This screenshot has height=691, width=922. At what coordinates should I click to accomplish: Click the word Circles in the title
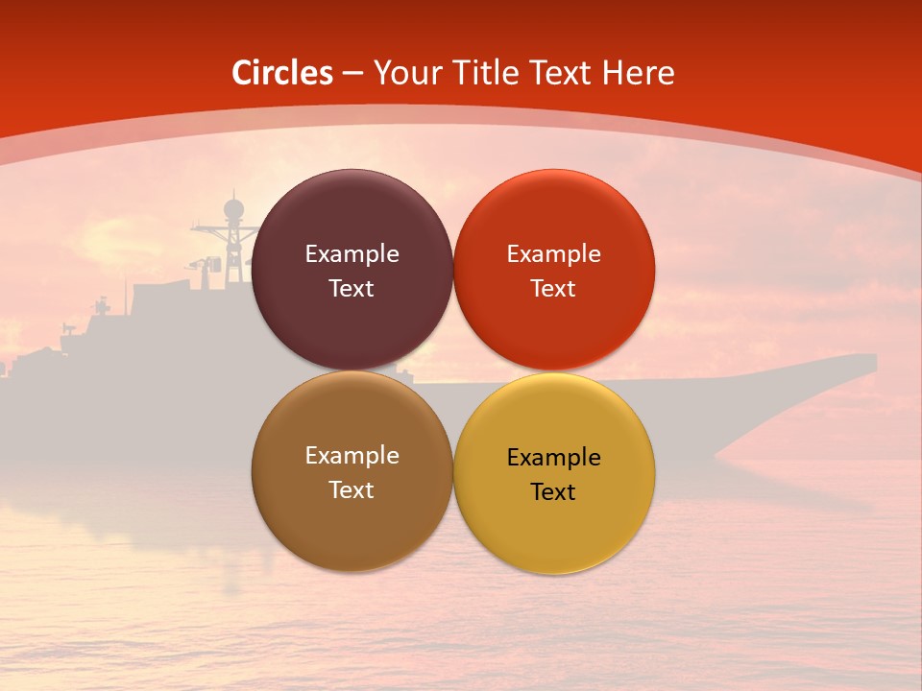pyautogui.click(x=282, y=73)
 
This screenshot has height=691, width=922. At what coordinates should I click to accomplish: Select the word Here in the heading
pyautogui.click(x=638, y=73)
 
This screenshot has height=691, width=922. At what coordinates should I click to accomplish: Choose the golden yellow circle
pyautogui.click(x=553, y=528)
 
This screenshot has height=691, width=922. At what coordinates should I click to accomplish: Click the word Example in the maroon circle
pyautogui.click(x=352, y=254)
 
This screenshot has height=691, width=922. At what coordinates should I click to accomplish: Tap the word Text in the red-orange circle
pyautogui.click(x=553, y=289)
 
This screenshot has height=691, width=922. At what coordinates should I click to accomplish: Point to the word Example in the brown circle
pyautogui.click(x=352, y=456)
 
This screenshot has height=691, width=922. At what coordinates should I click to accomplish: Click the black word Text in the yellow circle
pyautogui.click(x=553, y=492)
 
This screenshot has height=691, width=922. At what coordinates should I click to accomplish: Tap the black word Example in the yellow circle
pyautogui.click(x=553, y=458)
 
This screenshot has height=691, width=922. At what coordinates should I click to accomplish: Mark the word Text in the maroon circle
pyautogui.click(x=352, y=289)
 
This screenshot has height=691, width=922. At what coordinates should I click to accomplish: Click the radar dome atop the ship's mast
pyautogui.click(x=233, y=208)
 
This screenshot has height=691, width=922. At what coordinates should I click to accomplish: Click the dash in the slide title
pyautogui.click(x=352, y=74)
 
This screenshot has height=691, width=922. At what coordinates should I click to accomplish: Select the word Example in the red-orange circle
pyautogui.click(x=553, y=254)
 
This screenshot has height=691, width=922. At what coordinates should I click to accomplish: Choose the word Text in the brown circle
pyautogui.click(x=352, y=490)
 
